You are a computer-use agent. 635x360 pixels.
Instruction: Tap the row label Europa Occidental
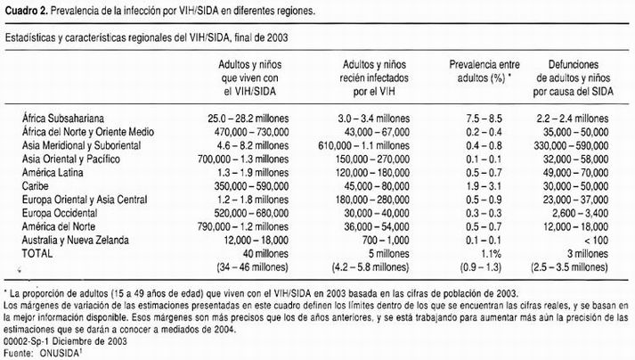coord(61,213)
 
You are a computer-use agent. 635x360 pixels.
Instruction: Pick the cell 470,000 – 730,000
coord(256,129)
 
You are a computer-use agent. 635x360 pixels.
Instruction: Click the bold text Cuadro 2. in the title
coord(25,9)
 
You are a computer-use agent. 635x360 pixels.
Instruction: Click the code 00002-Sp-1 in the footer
coord(28,340)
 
